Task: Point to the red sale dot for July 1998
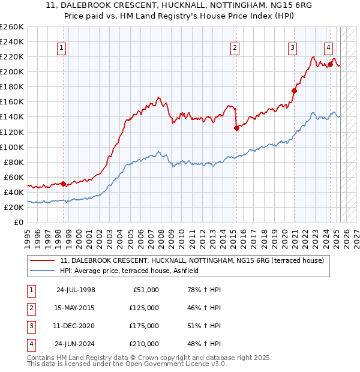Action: point(64,184)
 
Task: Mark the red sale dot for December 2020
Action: point(294,91)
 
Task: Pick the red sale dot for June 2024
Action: point(331,64)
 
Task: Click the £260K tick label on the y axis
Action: point(12,26)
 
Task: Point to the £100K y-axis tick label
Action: point(12,147)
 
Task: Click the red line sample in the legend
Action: point(43,261)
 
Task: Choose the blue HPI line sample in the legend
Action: point(43,271)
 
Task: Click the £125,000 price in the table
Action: point(143,308)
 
